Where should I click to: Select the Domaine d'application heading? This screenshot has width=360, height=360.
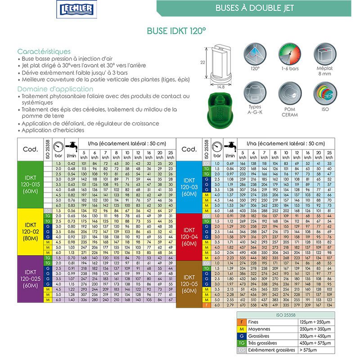pos(48,89)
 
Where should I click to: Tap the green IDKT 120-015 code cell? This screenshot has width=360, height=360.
pos(30,184)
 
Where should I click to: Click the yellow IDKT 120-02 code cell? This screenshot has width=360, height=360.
pos(30,231)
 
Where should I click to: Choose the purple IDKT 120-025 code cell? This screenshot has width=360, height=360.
pos(30,279)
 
